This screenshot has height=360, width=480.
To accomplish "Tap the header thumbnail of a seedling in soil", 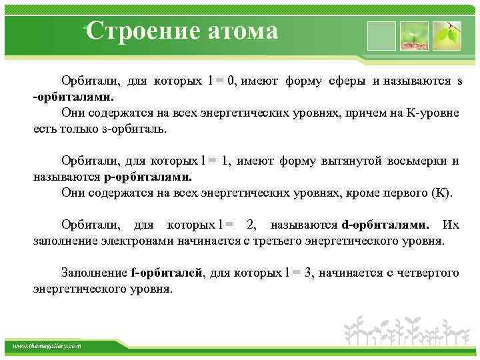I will tap(413, 35).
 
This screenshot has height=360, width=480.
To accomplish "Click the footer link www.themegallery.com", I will tap(46, 346).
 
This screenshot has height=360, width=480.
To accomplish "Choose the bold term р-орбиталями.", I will tap(147, 177).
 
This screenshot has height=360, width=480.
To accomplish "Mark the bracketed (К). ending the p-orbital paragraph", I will tap(443, 193).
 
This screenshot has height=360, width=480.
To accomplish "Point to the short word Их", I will tap(451, 225).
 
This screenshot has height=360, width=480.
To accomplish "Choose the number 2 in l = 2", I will tap(251, 225).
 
